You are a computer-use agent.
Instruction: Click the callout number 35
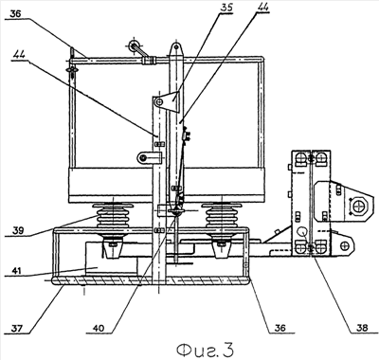[x=226, y=8]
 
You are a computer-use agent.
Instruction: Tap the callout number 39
[x=18, y=230]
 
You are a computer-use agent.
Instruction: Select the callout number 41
[x=18, y=270]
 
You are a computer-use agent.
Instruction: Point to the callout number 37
[x=17, y=329]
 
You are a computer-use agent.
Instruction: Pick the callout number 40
[x=99, y=329]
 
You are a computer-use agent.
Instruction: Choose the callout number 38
[x=361, y=328]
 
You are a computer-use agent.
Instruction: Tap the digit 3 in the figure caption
[x=228, y=349]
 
